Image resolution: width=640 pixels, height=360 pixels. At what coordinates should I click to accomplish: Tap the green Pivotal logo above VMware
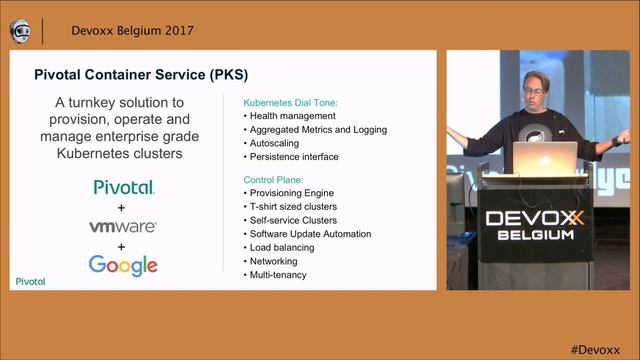124,187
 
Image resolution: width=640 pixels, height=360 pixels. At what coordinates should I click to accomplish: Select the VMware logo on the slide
123,226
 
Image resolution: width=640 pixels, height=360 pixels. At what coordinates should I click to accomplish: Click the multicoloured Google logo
123,265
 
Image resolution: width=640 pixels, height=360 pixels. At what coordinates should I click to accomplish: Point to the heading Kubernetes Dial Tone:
291,102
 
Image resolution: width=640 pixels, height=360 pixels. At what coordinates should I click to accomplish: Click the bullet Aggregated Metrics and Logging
318,130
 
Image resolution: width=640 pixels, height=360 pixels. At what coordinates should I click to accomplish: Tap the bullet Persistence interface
294,157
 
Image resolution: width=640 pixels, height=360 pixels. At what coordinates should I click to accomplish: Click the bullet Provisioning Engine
292,192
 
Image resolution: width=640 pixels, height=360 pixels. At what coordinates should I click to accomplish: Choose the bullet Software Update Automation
310,234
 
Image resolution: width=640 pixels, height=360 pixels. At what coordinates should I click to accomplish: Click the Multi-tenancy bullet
279,275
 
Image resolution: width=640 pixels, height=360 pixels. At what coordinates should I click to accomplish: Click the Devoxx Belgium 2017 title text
132,30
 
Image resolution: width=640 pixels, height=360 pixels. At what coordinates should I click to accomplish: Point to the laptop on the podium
545,156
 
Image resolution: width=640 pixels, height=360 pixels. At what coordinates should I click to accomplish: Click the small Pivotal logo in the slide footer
31,282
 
